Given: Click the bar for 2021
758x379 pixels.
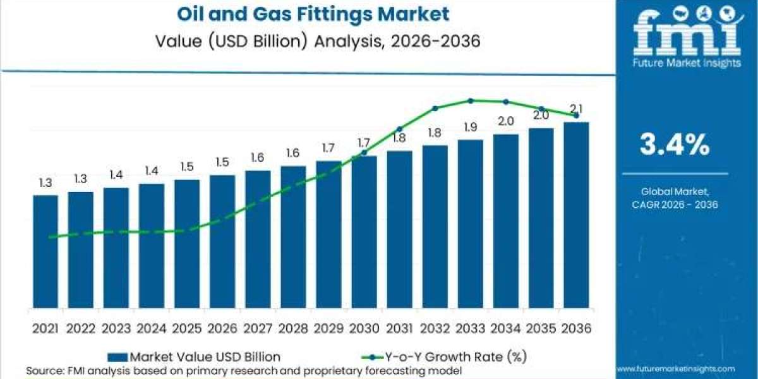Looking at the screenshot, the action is point(45,251).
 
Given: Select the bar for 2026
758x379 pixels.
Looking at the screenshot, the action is point(222,241).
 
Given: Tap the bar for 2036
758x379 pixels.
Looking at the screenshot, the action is point(576,215).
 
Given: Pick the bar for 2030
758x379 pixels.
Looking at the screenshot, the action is point(364,232).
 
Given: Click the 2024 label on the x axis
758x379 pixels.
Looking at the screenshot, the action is point(152,328).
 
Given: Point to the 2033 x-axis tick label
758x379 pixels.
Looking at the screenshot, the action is point(471,328).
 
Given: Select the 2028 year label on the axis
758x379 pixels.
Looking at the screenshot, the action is point(293,328).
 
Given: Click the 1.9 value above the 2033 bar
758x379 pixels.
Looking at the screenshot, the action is point(471,127).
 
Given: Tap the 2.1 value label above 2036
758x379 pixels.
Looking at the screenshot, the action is point(576,109).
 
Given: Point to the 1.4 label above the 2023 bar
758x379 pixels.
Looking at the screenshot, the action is point(116,175).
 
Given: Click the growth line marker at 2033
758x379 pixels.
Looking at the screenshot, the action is point(471,101).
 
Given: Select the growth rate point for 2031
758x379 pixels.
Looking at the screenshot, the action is point(400,129).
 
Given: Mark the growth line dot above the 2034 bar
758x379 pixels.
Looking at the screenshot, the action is point(506,102).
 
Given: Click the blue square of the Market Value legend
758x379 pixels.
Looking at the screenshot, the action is point(117,357).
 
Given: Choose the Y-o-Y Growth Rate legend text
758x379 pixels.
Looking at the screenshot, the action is point(456,357).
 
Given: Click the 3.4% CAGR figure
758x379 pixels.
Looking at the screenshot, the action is point(675,145).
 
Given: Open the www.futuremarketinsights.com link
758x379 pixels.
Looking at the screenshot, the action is point(677,369).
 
